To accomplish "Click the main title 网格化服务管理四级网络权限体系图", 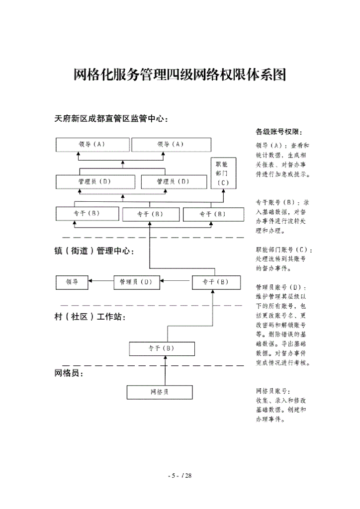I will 180,75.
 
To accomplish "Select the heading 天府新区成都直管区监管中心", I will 111,119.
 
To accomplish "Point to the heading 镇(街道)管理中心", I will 94,251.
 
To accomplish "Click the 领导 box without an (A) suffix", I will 72,282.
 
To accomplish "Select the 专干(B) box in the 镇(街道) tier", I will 215,282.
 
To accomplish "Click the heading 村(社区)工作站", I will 89,317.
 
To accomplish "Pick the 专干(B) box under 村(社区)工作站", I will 161,348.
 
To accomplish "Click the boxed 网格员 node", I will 159,392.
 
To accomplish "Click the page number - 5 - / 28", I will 180,476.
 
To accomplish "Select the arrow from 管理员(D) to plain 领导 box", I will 101,282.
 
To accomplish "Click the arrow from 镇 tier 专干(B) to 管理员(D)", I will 175,282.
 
